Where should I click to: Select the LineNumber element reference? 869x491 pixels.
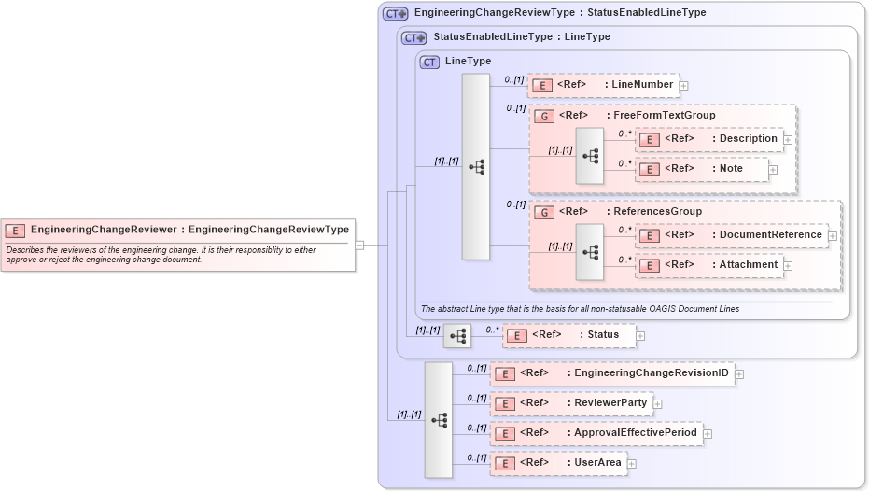603,85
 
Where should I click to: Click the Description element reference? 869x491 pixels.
709,139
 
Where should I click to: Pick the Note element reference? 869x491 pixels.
702,169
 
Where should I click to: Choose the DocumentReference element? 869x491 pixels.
732,235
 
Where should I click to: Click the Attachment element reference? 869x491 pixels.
709,265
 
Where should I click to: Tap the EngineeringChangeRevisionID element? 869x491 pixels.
611,373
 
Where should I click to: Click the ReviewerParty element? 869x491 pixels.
570,403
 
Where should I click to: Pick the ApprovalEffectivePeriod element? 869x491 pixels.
596,433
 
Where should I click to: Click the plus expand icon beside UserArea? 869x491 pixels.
632,463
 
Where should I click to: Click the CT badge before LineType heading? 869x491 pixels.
429,62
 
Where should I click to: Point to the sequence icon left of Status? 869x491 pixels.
457,336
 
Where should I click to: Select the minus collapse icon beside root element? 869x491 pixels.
359,245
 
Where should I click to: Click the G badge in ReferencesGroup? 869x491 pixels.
543,212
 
